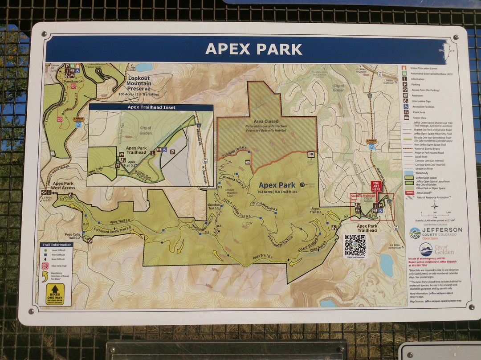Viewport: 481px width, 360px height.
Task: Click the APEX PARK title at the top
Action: (254, 49)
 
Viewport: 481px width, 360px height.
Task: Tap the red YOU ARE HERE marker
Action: (376, 186)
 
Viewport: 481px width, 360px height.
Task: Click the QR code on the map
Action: (355, 245)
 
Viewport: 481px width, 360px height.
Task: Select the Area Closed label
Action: (266, 121)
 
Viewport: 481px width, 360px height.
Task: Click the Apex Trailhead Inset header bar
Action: (151, 107)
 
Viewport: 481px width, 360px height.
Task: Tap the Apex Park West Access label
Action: (63, 185)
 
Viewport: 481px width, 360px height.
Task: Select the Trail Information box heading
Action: (57, 245)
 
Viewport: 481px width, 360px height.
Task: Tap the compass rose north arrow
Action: (435, 205)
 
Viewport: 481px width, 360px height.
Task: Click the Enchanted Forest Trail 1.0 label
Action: (112, 229)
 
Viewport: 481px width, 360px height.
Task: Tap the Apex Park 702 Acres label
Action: (277, 188)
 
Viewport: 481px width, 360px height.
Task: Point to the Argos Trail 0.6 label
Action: (315, 210)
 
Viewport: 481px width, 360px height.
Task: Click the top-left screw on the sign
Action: (44, 34)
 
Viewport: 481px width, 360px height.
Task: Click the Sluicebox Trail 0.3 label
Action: (214, 206)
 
